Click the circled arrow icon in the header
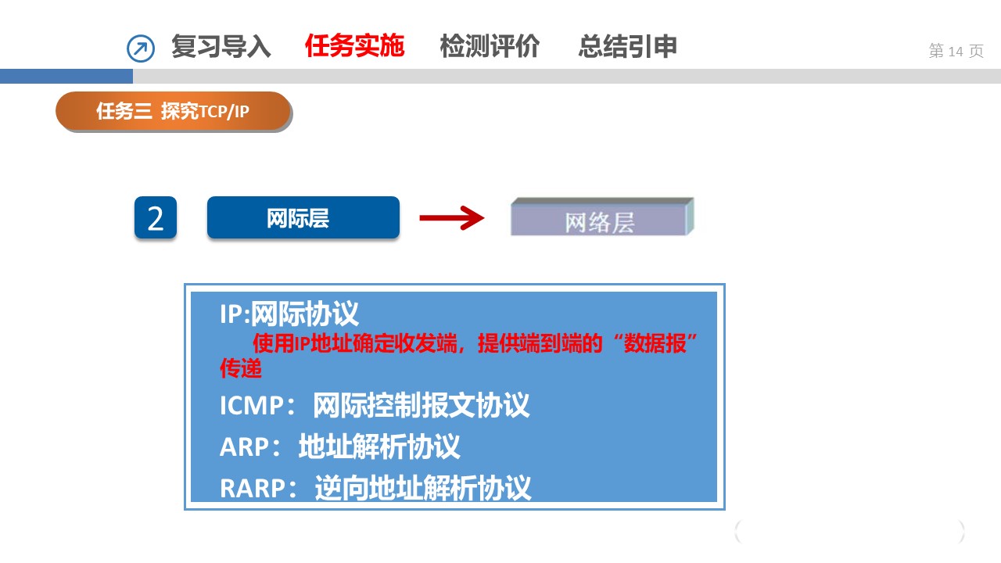pos(141,48)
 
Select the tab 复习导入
pos(221,46)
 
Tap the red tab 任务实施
pos(354,45)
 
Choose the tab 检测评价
pos(490,46)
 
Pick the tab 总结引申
pos(627,46)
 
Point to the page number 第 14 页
pos(956,51)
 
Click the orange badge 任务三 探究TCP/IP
pos(174,111)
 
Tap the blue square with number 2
pos(156,217)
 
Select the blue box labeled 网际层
pos(303,217)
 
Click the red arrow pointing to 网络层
pos(452,218)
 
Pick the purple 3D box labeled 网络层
pos(602,217)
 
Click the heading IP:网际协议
pos(289,314)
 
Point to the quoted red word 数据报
pos(655,343)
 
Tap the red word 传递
pos(240,368)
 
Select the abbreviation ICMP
pos(252,406)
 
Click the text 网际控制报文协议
pos(421,405)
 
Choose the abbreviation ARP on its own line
pos(245,446)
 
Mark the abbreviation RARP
pos(253,488)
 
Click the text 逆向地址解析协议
pos(423,487)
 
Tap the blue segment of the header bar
pos(66,76)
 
